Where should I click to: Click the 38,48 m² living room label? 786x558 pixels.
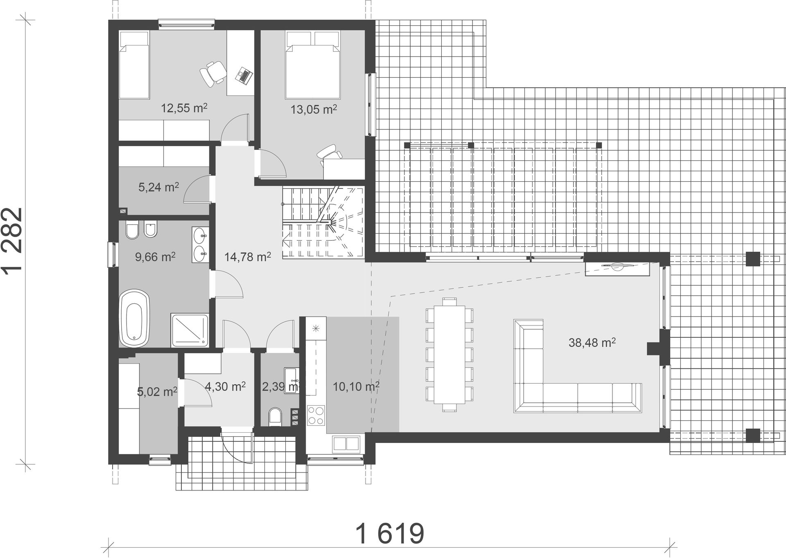click(592, 342)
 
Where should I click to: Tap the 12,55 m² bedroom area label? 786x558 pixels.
click(184, 108)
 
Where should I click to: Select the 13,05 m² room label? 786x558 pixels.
click(314, 109)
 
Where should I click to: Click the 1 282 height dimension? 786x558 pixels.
click(15, 242)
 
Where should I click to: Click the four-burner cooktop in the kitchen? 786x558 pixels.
click(316, 415)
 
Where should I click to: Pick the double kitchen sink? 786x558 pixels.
click(346, 443)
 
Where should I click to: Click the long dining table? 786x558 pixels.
click(449, 354)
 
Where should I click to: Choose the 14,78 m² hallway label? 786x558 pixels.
click(248, 257)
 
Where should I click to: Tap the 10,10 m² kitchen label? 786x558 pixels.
click(355, 386)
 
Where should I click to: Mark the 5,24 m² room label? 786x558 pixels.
click(158, 187)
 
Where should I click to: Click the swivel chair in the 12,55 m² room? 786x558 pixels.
click(212, 73)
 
